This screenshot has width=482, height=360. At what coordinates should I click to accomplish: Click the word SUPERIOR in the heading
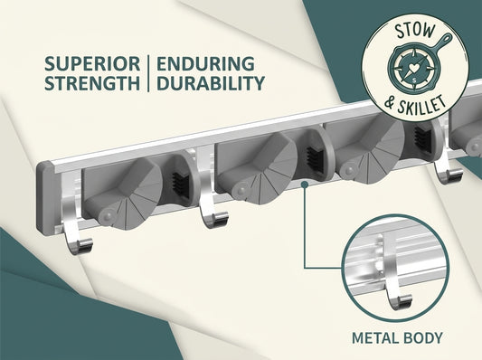click(x=92, y=63)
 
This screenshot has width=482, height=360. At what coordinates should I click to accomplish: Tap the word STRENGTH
click(x=92, y=82)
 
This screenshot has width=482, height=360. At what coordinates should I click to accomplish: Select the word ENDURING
click(x=205, y=63)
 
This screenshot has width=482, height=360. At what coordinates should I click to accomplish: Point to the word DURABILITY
click(x=211, y=82)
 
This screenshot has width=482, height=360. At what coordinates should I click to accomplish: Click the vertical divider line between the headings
click(x=148, y=73)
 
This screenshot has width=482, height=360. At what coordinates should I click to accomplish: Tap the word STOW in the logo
click(x=415, y=31)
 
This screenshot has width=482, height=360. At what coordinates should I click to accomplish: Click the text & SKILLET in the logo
click(x=415, y=105)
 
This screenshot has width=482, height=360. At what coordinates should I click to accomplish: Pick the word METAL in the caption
click(x=372, y=338)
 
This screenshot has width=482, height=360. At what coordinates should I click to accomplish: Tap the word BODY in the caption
click(x=419, y=338)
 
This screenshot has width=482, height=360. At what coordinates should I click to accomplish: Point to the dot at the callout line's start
click(x=305, y=185)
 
